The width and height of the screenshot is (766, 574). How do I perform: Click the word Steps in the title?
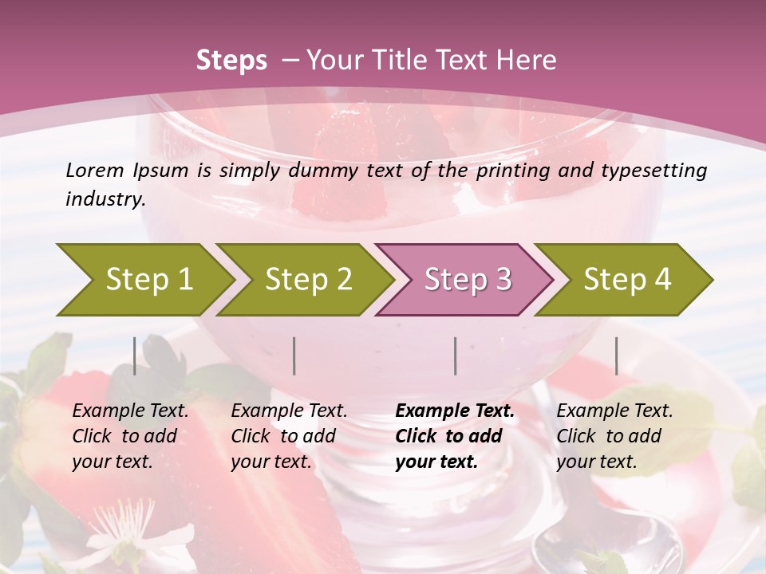click(x=231, y=61)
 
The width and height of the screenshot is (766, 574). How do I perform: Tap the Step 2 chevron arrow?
click(x=308, y=279)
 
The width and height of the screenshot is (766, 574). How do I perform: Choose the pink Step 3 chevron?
click(x=467, y=279)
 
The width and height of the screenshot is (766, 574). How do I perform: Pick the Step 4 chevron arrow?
click(x=626, y=279)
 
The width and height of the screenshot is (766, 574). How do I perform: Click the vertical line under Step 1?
click(x=135, y=356)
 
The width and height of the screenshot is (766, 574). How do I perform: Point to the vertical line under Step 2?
click(x=294, y=356)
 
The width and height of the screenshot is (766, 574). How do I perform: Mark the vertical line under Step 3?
click(x=456, y=356)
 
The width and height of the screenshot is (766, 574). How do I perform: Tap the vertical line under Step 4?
click(x=616, y=356)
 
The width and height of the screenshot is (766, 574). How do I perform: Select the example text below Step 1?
click(x=129, y=436)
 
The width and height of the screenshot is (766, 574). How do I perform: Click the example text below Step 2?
click(x=288, y=436)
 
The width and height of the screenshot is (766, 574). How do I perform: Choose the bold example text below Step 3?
click(x=454, y=436)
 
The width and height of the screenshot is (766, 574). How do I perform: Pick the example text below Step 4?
click(x=614, y=436)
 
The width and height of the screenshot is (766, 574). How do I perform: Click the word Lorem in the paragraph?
click(x=95, y=170)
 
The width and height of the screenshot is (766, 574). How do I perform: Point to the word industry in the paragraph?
click(x=105, y=199)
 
